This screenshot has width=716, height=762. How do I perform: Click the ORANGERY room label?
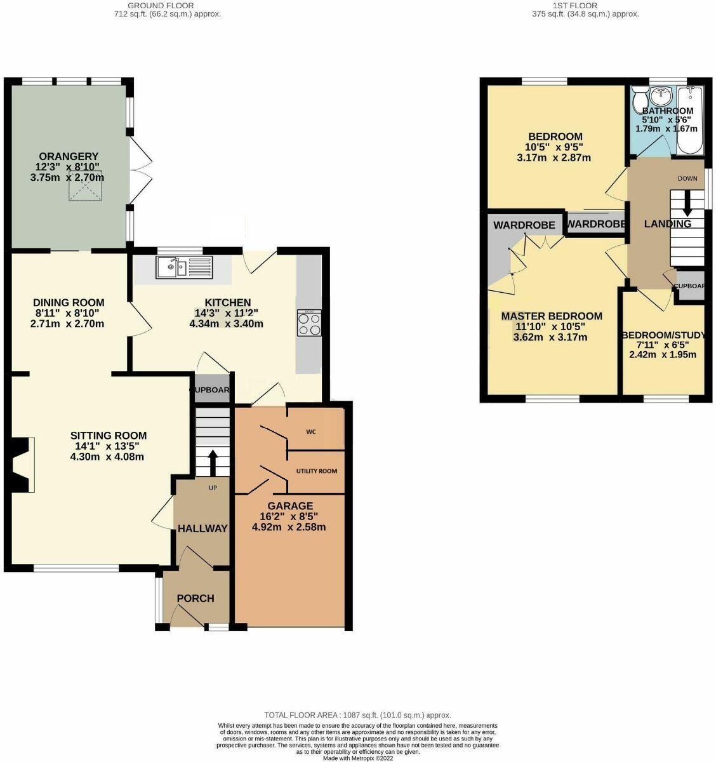point(69,156)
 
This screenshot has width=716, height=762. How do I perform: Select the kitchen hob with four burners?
point(308,323)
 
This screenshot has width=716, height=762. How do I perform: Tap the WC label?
point(311,432)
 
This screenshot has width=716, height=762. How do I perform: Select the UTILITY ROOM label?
point(317,471)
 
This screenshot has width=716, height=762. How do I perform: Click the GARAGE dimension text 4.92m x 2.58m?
point(289,527)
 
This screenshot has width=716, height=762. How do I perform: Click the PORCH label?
point(196,598)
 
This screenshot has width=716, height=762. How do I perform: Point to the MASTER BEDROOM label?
point(552,316)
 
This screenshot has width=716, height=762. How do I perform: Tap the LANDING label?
point(667,224)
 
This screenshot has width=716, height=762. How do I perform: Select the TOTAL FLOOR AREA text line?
point(357,715)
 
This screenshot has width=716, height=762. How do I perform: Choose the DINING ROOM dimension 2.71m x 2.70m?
point(68,324)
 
